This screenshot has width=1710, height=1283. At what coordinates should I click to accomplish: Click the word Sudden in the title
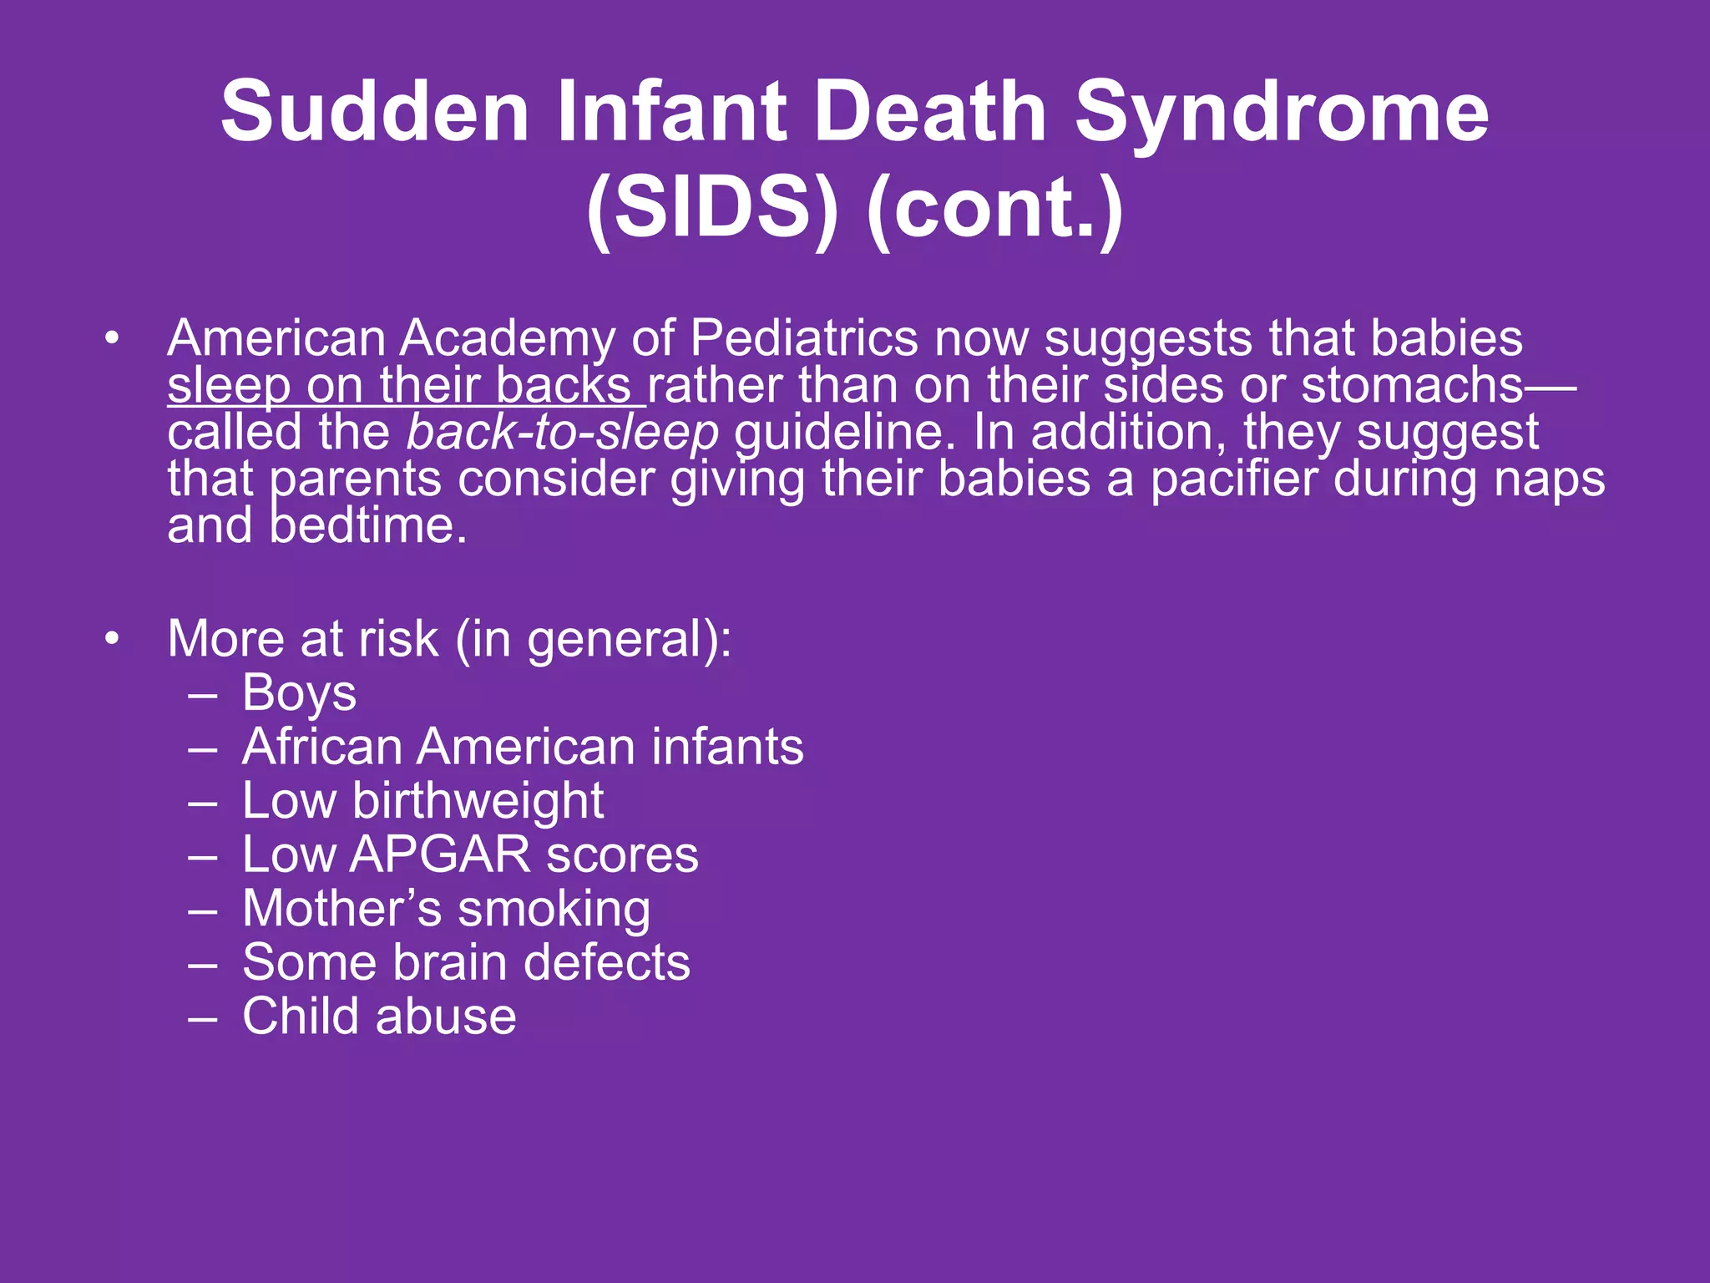[x=375, y=111]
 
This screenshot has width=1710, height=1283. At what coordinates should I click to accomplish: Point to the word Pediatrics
[x=804, y=339]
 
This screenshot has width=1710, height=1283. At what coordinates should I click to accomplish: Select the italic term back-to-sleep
[x=563, y=433]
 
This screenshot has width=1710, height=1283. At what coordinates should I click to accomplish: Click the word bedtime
[x=367, y=526]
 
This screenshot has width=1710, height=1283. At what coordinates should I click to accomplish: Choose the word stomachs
[x=1413, y=386]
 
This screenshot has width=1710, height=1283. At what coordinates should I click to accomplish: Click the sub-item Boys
[x=299, y=693]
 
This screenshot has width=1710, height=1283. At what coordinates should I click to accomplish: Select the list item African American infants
[x=523, y=747]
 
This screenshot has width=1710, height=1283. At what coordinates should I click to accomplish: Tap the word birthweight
[x=478, y=801]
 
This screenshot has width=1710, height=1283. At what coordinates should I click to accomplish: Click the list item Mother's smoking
[x=446, y=909]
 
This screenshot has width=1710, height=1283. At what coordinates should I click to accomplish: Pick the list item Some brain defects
[x=466, y=962]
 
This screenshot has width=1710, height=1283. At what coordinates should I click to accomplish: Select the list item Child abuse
[x=379, y=1017]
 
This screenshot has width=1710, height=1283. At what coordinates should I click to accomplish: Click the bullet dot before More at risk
[x=113, y=639]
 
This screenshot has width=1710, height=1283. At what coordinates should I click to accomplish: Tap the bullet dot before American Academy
[x=113, y=339]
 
